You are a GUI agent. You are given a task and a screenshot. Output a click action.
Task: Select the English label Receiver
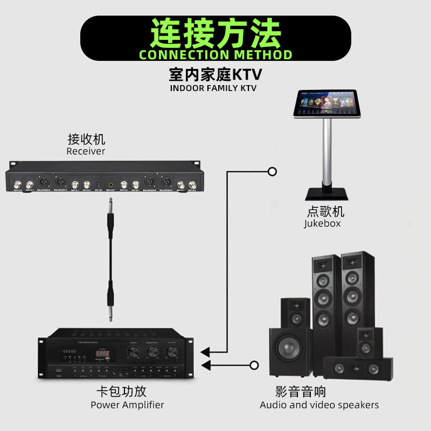pos(86,151)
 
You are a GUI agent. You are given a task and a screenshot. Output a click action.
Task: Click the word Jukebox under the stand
pos(322,223)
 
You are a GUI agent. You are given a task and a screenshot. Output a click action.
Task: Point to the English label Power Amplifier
pos(127,405)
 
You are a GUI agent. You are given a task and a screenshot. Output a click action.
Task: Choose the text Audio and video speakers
pos(319,405)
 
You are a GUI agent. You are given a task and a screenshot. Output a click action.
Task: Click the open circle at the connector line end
pos(272,172)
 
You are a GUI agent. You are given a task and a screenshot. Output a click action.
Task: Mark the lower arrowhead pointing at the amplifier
pos(205,366)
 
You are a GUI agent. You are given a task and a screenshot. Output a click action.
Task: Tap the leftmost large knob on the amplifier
pos(133,352)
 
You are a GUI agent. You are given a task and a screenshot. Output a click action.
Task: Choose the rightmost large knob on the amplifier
pos(172,352)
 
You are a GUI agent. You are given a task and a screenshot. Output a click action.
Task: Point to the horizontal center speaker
pos(357,369)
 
